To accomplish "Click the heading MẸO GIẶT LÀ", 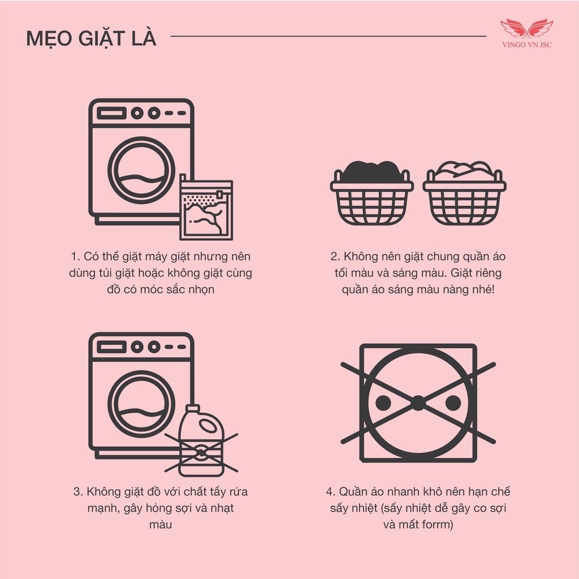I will (x=91, y=40).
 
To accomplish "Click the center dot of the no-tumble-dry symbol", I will (x=418, y=403).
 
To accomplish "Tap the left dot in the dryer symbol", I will (x=383, y=403).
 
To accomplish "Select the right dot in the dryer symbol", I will (x=453, y=403).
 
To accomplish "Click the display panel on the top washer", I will (x=111, y=113).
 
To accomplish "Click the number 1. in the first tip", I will (x=77, y=257).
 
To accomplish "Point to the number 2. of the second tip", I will (x=335, y=257).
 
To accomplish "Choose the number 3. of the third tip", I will (x=77, y=491).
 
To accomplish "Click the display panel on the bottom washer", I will (x=111, y=347).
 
